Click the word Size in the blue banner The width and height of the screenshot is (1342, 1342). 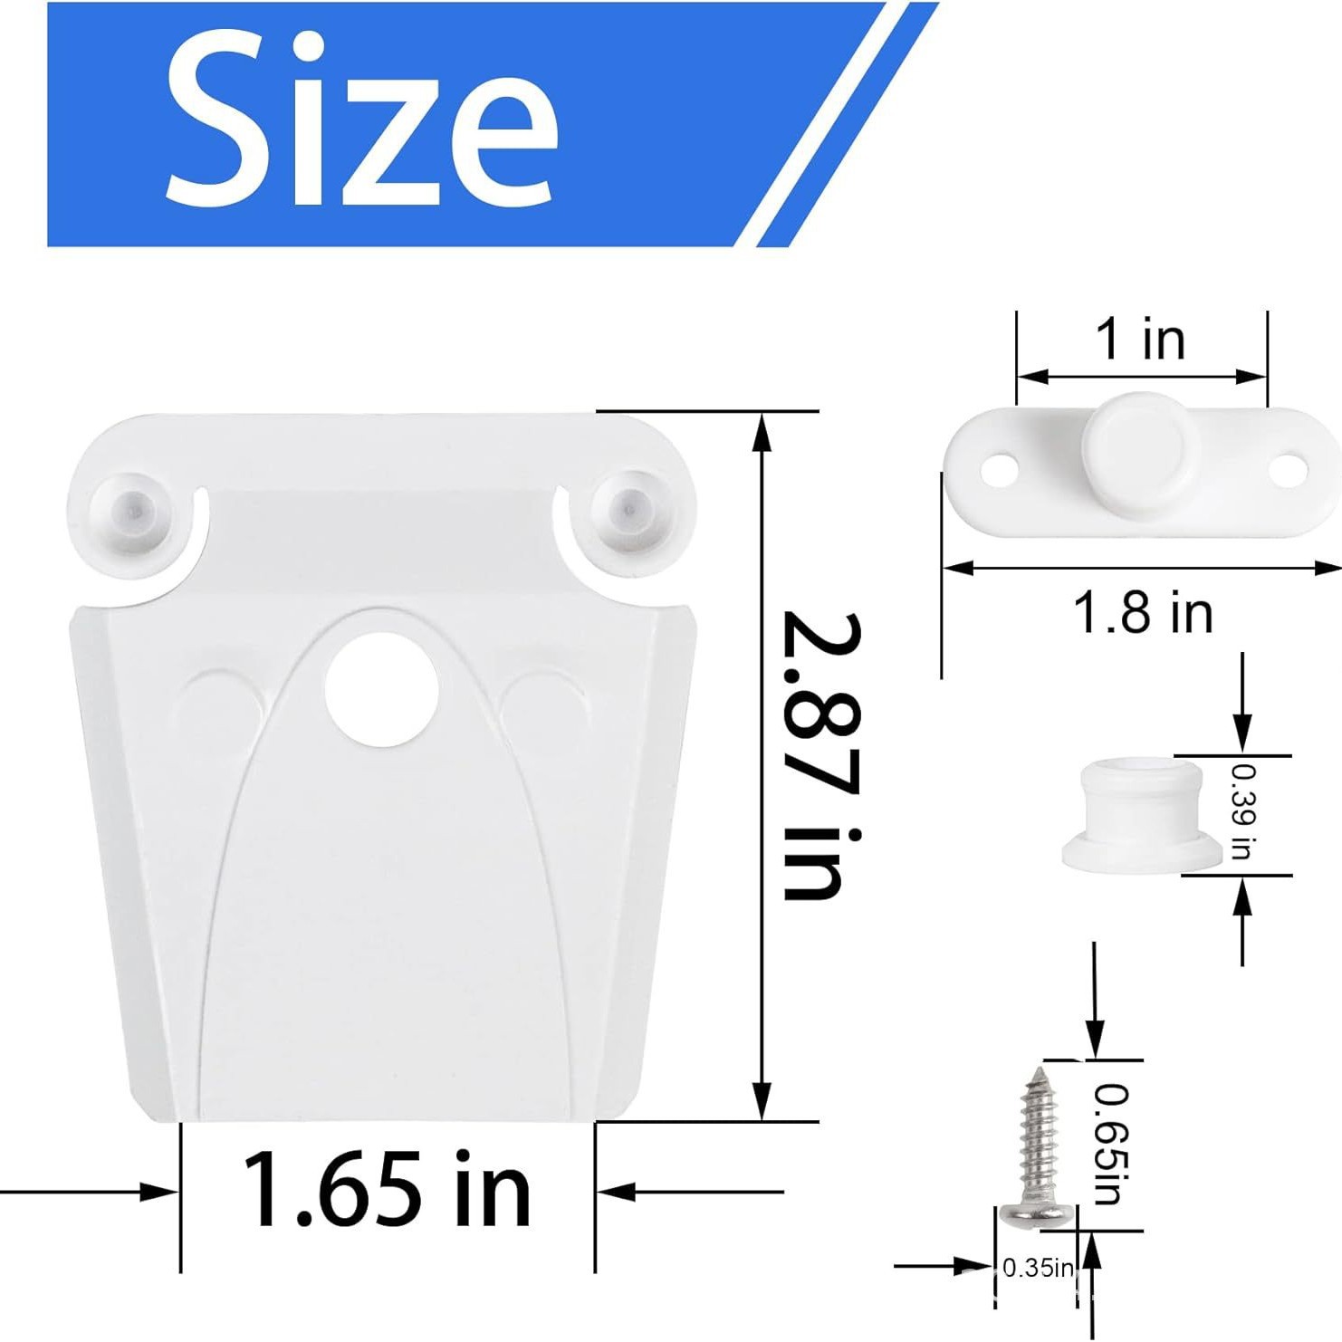(360, 122)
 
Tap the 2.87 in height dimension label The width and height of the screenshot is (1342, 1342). (820, 756)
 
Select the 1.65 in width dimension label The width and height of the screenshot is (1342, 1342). (387, 1189)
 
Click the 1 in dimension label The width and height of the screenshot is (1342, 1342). (1140, 339)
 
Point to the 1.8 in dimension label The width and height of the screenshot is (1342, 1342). (1142, 613)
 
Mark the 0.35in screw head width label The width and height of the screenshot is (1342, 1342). (1038, 1269)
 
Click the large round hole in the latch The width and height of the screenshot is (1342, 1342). (381, 691)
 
